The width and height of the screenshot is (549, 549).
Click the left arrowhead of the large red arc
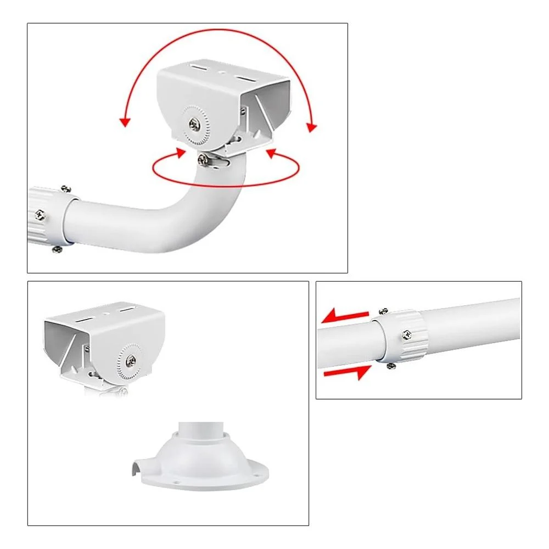(126, 121)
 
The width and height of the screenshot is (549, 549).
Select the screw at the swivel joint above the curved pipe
(203, 159)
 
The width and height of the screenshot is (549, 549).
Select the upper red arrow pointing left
(344, 316)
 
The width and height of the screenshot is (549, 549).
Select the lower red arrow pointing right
(346, 373)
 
